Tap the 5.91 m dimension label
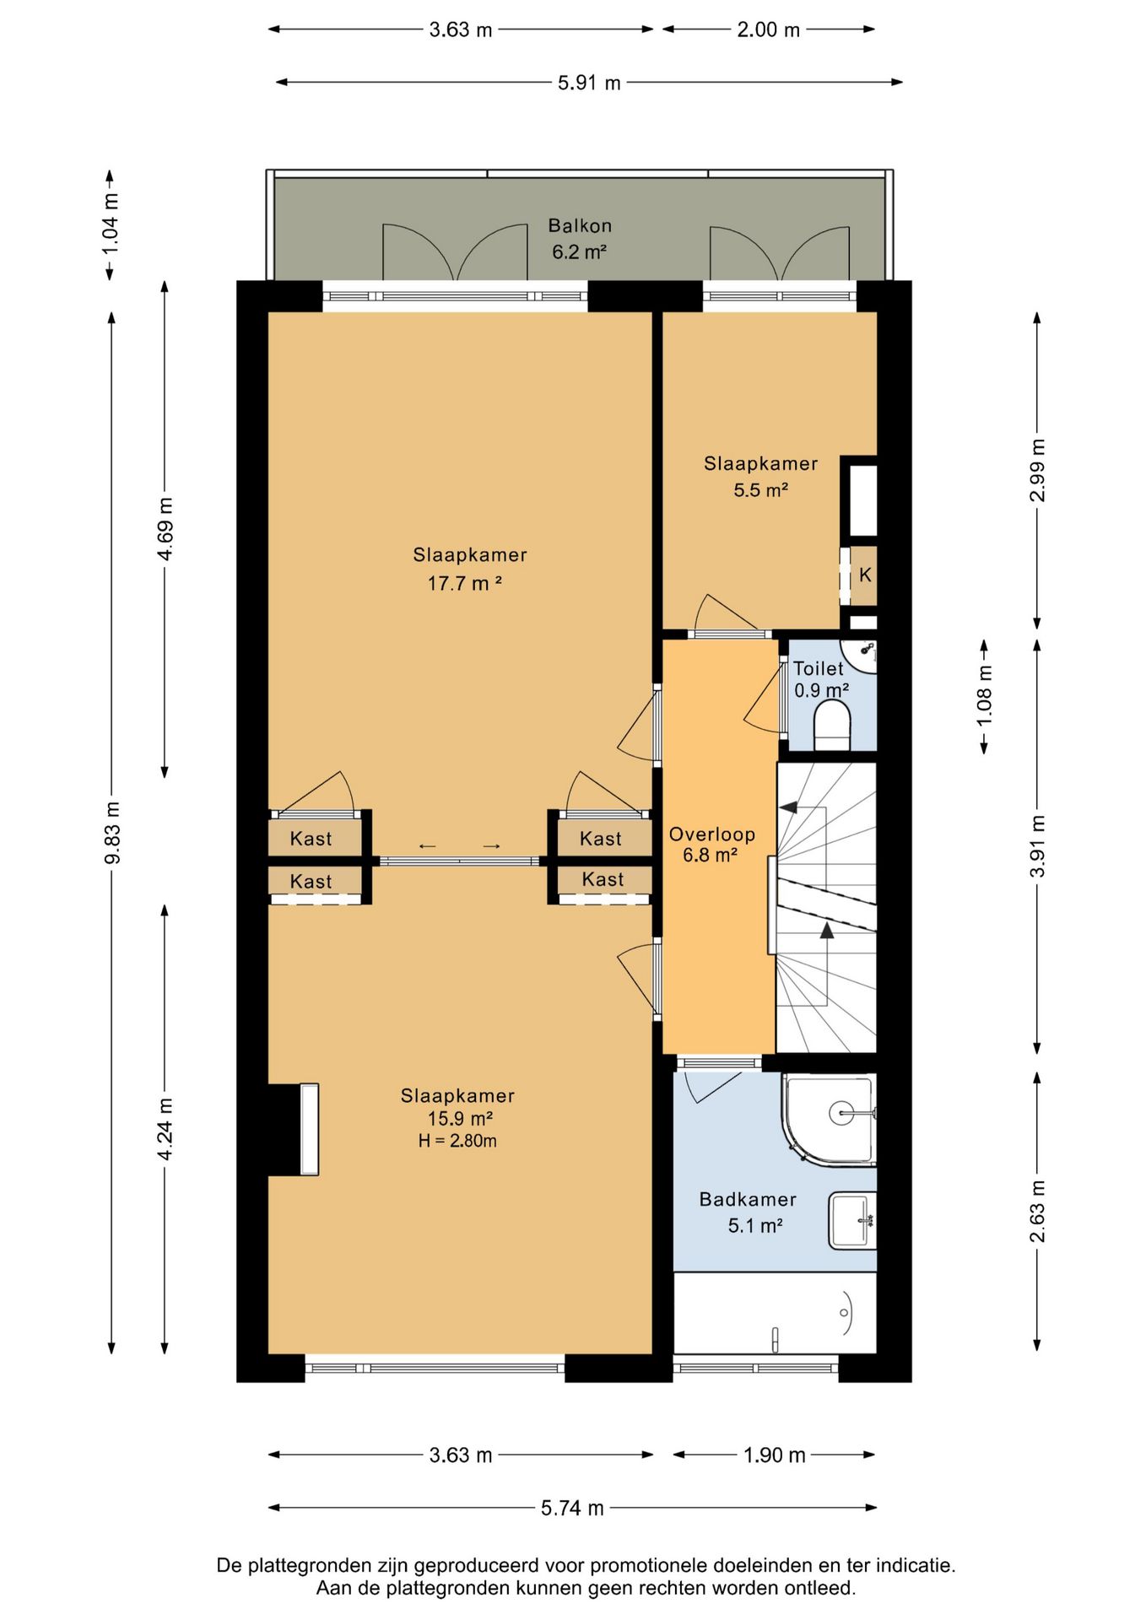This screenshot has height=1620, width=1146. [589, 83]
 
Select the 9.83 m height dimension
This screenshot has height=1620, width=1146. [112, 833]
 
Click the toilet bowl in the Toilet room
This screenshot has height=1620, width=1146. [832, 726]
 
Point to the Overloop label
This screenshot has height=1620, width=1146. [711, 834]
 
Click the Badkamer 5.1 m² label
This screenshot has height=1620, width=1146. [748, 1212]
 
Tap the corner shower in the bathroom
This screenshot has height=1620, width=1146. [830, 1120]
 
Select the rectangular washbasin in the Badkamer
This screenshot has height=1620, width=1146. [852, 1220]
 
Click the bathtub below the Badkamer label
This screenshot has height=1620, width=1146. [775, 1313]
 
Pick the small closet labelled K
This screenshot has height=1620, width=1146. [864, 575]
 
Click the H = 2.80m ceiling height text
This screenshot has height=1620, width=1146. [457, 1141]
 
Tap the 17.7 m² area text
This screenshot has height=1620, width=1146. [465, 583]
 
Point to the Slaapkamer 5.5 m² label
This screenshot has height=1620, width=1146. [760, 477]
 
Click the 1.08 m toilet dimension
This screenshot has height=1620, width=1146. [985, 696]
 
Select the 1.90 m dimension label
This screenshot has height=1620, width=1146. [775, 1455]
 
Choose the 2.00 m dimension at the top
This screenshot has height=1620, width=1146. [768, 30]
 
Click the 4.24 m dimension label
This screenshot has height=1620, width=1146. [165, 1129]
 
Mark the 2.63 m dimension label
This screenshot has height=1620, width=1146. [1037, 1211]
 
